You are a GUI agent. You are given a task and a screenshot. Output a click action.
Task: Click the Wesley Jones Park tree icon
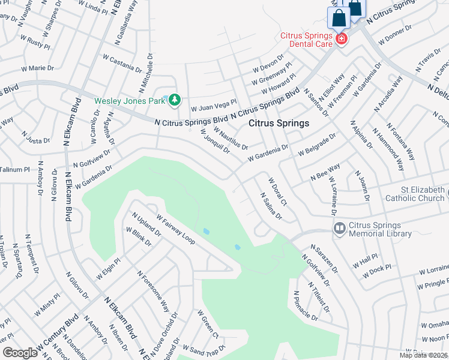tap(175, 100)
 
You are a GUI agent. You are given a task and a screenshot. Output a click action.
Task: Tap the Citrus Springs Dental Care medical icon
tap(342, 39)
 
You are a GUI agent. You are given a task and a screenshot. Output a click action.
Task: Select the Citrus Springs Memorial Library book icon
tap(339, 228)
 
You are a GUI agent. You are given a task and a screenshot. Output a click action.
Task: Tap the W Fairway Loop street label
tap(175, 229)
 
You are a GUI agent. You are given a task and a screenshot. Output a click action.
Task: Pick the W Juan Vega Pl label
tap(214, 106)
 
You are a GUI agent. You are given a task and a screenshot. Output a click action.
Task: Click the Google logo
tap(20, 353)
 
